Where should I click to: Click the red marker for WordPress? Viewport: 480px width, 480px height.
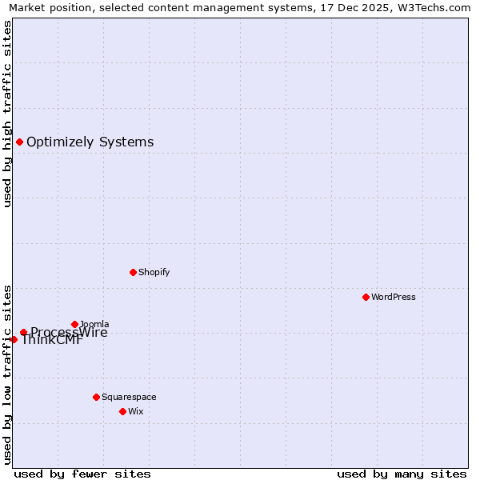[x=366, y=297]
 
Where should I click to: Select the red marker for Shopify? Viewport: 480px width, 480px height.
[x=133, y=272]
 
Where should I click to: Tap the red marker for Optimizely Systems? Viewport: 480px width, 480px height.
[x=19, y=142]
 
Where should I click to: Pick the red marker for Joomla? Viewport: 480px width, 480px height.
[x=74, y=324]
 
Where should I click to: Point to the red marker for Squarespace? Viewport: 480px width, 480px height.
[x=96, y=397]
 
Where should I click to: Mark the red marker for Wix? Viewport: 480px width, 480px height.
[x=122, y=411]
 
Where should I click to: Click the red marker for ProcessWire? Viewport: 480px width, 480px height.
[x=23, y=332]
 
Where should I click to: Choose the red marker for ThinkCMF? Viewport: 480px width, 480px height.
[x=14, y=339]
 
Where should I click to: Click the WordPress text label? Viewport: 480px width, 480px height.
[x=394, y=297]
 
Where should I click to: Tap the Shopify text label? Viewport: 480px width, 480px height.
[x=154, y=272]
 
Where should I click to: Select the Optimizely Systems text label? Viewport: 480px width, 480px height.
[x=90, y=142]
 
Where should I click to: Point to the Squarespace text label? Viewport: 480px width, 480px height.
[x=129, y=397]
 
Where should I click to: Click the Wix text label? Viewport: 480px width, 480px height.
[x=135, y=411]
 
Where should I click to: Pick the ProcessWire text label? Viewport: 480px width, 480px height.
[x=69, y=333]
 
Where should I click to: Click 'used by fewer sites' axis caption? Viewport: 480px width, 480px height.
[x=82, y=474]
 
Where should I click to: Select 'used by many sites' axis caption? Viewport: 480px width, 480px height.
[x=402, y=474]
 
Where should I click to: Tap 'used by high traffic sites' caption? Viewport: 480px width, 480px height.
[x=8, y=114]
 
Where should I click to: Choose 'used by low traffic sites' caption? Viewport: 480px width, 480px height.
[x=8, y=373]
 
